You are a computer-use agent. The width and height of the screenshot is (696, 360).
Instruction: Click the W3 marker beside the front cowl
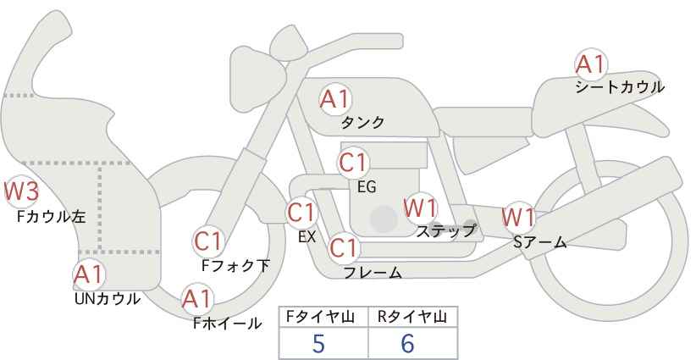click(21, 191)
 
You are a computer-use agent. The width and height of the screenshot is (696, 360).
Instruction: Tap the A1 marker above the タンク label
click(335, 99)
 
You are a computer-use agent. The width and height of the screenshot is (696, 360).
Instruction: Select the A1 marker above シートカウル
click(591, 64)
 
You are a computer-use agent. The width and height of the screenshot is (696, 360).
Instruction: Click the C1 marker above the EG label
click(353, 163)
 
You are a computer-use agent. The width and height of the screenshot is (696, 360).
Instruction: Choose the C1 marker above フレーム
click(344, 248)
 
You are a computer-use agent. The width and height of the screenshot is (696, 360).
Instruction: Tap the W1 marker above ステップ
click(420, 208)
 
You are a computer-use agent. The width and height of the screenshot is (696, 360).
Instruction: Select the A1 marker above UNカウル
click(89, 275)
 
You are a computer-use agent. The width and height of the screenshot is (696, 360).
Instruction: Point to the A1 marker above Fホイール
click(198, 299)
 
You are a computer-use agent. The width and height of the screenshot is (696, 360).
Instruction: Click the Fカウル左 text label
click(51, 217)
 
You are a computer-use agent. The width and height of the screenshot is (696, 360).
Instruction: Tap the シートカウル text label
click(620, 87)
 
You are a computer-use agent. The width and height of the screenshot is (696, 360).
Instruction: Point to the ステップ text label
click(445, 231)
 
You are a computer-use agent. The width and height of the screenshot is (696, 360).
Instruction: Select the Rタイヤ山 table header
click(412, 317)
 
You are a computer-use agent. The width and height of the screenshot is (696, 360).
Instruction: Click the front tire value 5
click(319, 344)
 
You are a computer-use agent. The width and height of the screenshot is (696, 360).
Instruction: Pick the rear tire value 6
click(407, 344)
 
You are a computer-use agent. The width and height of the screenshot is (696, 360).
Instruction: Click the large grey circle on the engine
click(384, 219)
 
